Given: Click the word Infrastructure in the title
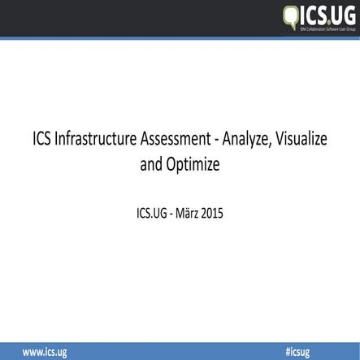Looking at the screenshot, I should click(94, 140).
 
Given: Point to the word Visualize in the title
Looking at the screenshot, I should click(300, 140).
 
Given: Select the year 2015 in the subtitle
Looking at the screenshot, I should click(208, 215).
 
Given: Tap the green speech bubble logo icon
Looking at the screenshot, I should click(291, 15).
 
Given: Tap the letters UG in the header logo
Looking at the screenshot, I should click(342, 14).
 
